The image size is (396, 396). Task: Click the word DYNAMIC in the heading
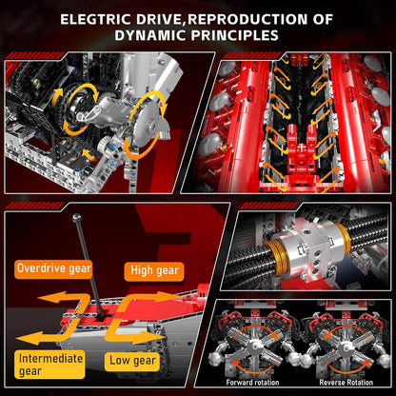click(154, 36)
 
